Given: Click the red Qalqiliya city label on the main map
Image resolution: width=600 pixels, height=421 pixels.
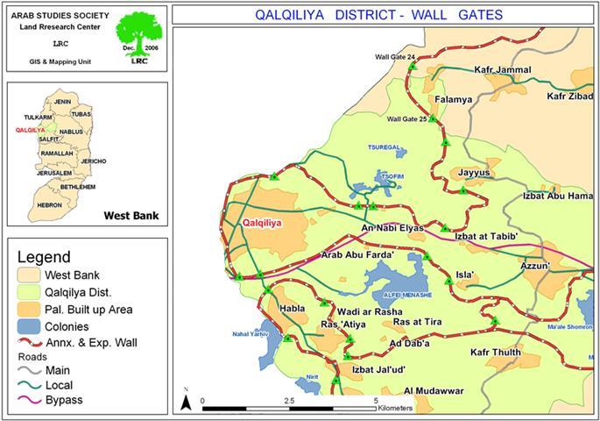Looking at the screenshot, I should (x=262, y=224).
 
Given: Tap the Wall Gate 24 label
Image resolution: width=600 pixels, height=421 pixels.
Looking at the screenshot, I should (x=395, y=57).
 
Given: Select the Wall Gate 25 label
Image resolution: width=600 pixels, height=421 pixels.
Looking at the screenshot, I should (x=407, y=119).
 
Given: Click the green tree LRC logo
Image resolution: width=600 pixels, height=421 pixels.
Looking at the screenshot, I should (x=141, y=36).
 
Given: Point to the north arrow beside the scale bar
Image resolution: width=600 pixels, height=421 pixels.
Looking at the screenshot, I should (x=186, y=400).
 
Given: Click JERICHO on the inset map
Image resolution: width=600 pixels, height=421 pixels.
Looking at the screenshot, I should (x=93, y=161).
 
